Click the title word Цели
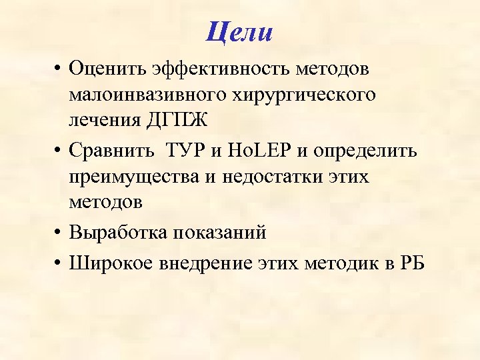(x=240, y=32)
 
